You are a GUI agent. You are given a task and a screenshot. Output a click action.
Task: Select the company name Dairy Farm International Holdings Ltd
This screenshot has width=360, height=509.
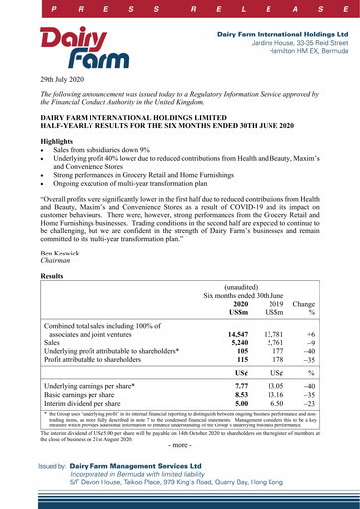[277, 34]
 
